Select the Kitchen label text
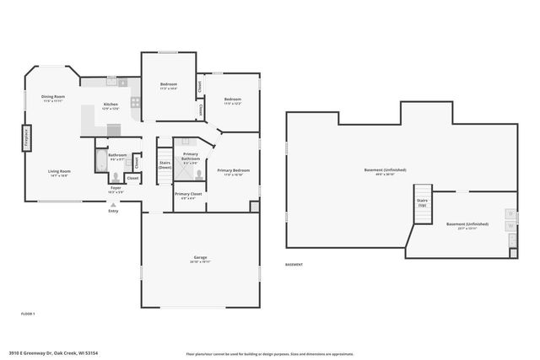(110, 106)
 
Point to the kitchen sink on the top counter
(123, 83)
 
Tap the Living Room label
(58, 173)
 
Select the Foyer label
(116, 190)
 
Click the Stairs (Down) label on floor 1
(165, 165)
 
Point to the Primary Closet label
(186, 196)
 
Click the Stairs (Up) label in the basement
(422, 202)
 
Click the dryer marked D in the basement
(510, 214)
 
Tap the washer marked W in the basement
(510, 227)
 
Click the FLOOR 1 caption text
(28, 313)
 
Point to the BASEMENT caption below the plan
(294, 265)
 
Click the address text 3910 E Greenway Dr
(42, 353)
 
